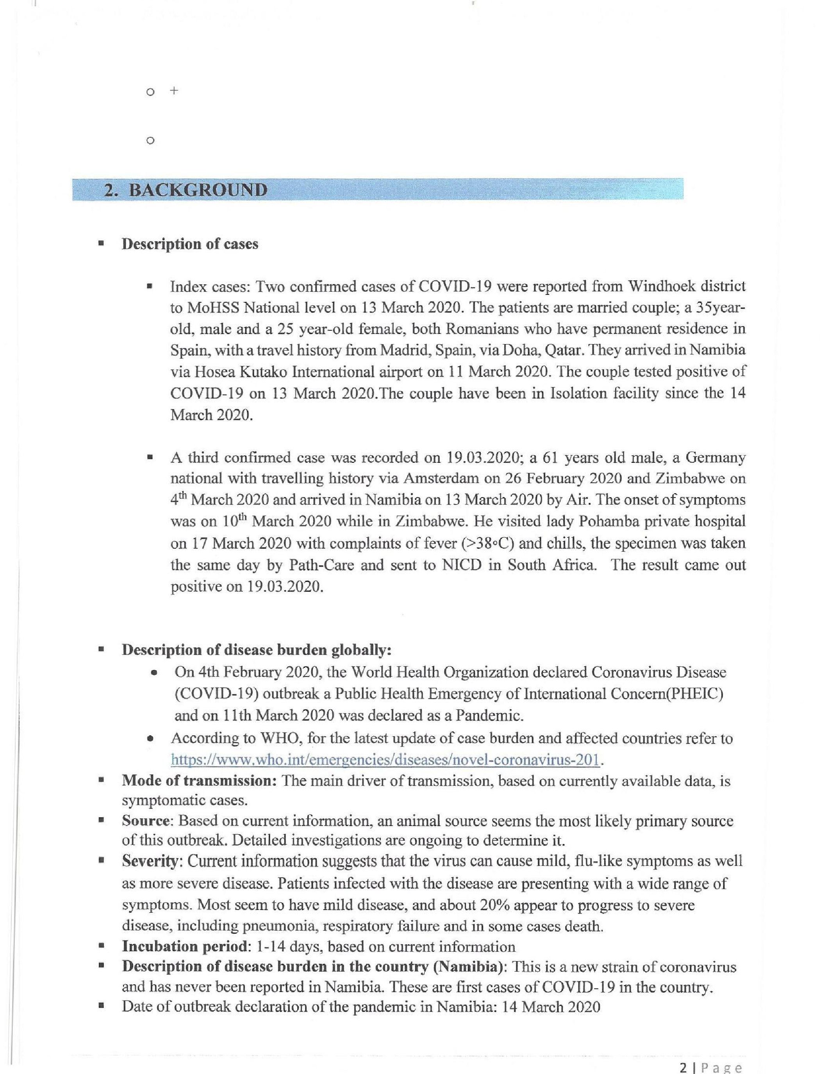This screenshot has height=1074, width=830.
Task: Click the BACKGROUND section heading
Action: click(198, 190)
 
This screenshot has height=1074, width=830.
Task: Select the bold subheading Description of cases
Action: click(190, 244)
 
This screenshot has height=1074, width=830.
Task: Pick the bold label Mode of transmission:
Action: click(199, 781)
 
